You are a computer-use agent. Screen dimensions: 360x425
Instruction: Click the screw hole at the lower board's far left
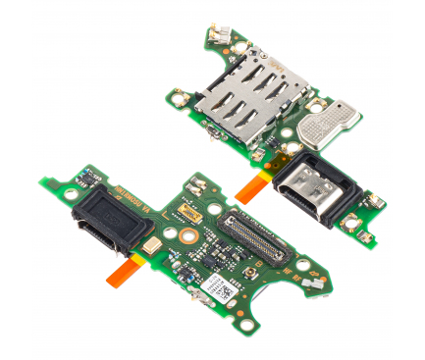pos(71,195)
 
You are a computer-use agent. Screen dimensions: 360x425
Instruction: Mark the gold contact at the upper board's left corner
pos(180,99)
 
